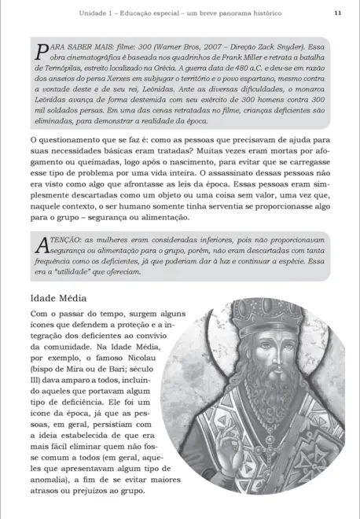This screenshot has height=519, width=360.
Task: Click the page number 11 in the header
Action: tap(337, 13)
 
